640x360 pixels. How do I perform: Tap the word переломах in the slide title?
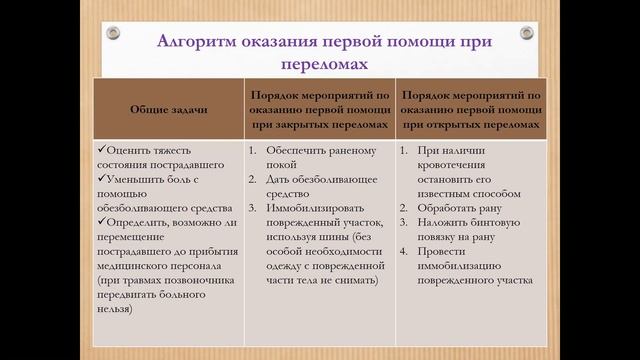click(319, 65)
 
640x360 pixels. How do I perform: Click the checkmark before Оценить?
click(101, 151)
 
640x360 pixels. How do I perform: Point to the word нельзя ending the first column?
click(122, 312)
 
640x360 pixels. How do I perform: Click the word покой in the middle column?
click(281, 166)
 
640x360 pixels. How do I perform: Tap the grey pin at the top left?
click(114, 31)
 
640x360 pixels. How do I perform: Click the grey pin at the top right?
click(523, 31)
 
